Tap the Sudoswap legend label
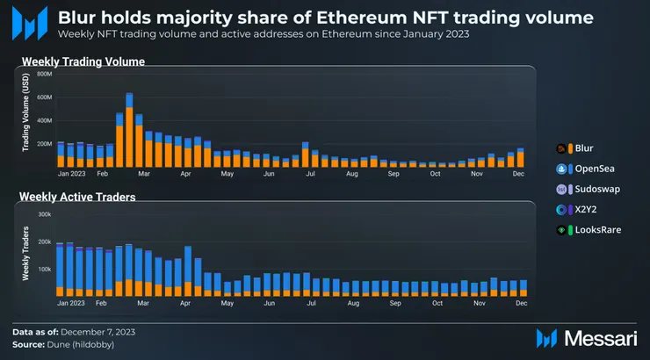pos(597,189)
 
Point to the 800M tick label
pos(44,74)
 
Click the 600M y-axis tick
pos(44,97)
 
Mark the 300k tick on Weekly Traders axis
pos(44,214)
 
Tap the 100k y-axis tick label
pos(44,270)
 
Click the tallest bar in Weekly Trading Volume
pos(129,130)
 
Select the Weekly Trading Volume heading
pos(83,61)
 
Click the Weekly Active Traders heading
pos(77,197)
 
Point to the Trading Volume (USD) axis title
pos(25,112)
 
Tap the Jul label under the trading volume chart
pos(310,174)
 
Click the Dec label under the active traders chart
pos(522,303)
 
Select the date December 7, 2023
pos(97,332)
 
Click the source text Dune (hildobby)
pos(81,345)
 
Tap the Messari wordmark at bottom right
pos(601,339)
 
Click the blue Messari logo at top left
pos(30,23)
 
